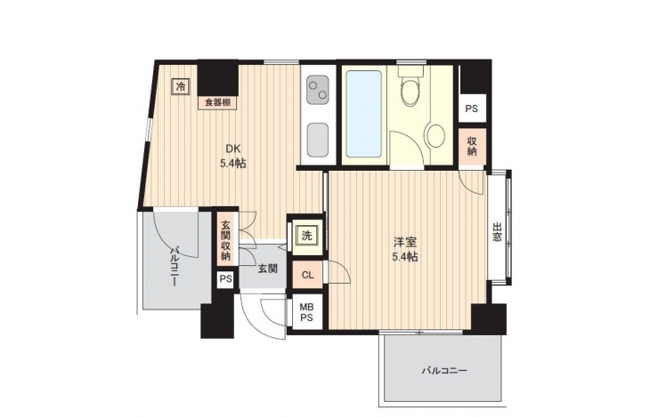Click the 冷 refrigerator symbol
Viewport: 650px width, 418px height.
pyautogui.click(x=181, y=87)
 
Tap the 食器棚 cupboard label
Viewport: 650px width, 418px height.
pyautogui.click(x=217, y=102)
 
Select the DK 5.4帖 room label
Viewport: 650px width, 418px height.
pyautogui.click(x=233, y=156)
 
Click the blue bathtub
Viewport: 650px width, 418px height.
pyautogui.click(x=363, y=114)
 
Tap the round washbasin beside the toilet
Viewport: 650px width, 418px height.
pyautogui.click(x=436, y=135)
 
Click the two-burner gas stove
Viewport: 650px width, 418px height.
pyautogui.click(x=318, y=90)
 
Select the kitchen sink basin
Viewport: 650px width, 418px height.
pyautogui.click(x=318, y=140)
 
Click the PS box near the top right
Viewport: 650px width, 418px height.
pyautogui.click(x=472, y=109)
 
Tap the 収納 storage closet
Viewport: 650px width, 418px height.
pyautogui.click(x=472, y=146)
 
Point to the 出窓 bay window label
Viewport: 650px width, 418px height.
pyautogui.click(x=497, y=232)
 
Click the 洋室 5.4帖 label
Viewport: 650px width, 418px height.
pyautogui.click(x=405, y=249)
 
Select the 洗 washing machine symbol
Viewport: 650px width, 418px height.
pyautogui.click(x=306, y=236)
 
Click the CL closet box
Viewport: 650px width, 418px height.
pyautogui.click(x=307, y=275)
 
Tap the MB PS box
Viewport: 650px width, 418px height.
pyautogui.click(x=307, y=312)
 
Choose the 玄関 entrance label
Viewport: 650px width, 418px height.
pyautogui.click(x=268, y=269)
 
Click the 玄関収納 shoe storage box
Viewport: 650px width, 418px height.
pyautogui.click(x=225, y=241)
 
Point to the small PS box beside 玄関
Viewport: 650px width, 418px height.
pyautogui.click(x=225, y=279)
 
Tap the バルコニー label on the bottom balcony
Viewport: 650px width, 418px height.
pyautogui.click(x=444, y=370)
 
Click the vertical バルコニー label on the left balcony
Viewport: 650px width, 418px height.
pyautogui.click(x=175, y=267)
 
